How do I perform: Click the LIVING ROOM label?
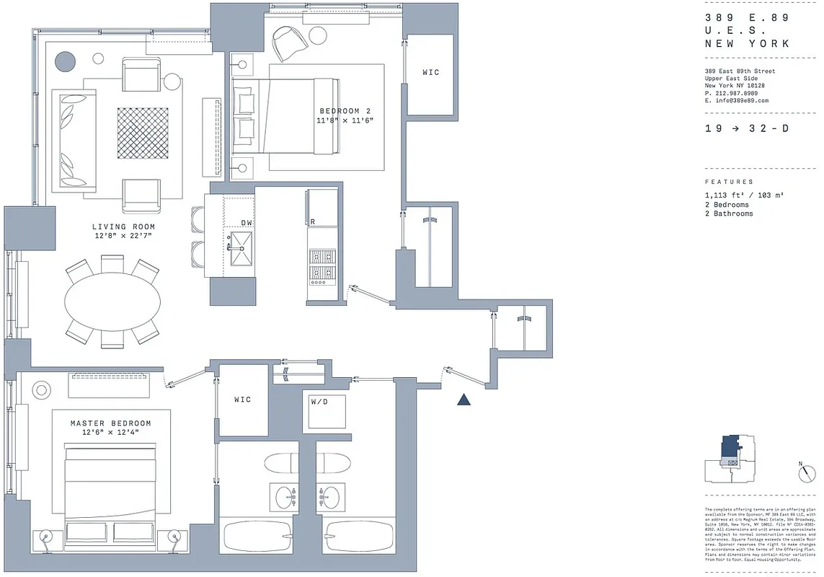coord(123,226)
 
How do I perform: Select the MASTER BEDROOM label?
coord(110,423)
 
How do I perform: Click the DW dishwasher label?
coord(247,224)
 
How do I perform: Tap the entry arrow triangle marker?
coord(464,400)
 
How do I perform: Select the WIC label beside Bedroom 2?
coord(430,72)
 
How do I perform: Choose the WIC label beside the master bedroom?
coord(243,400)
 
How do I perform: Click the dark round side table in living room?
coord(66,62)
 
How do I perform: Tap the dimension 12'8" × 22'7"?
coord(123,236)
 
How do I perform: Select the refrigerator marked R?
coord(322,209)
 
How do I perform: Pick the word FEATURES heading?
coord(729,182)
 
